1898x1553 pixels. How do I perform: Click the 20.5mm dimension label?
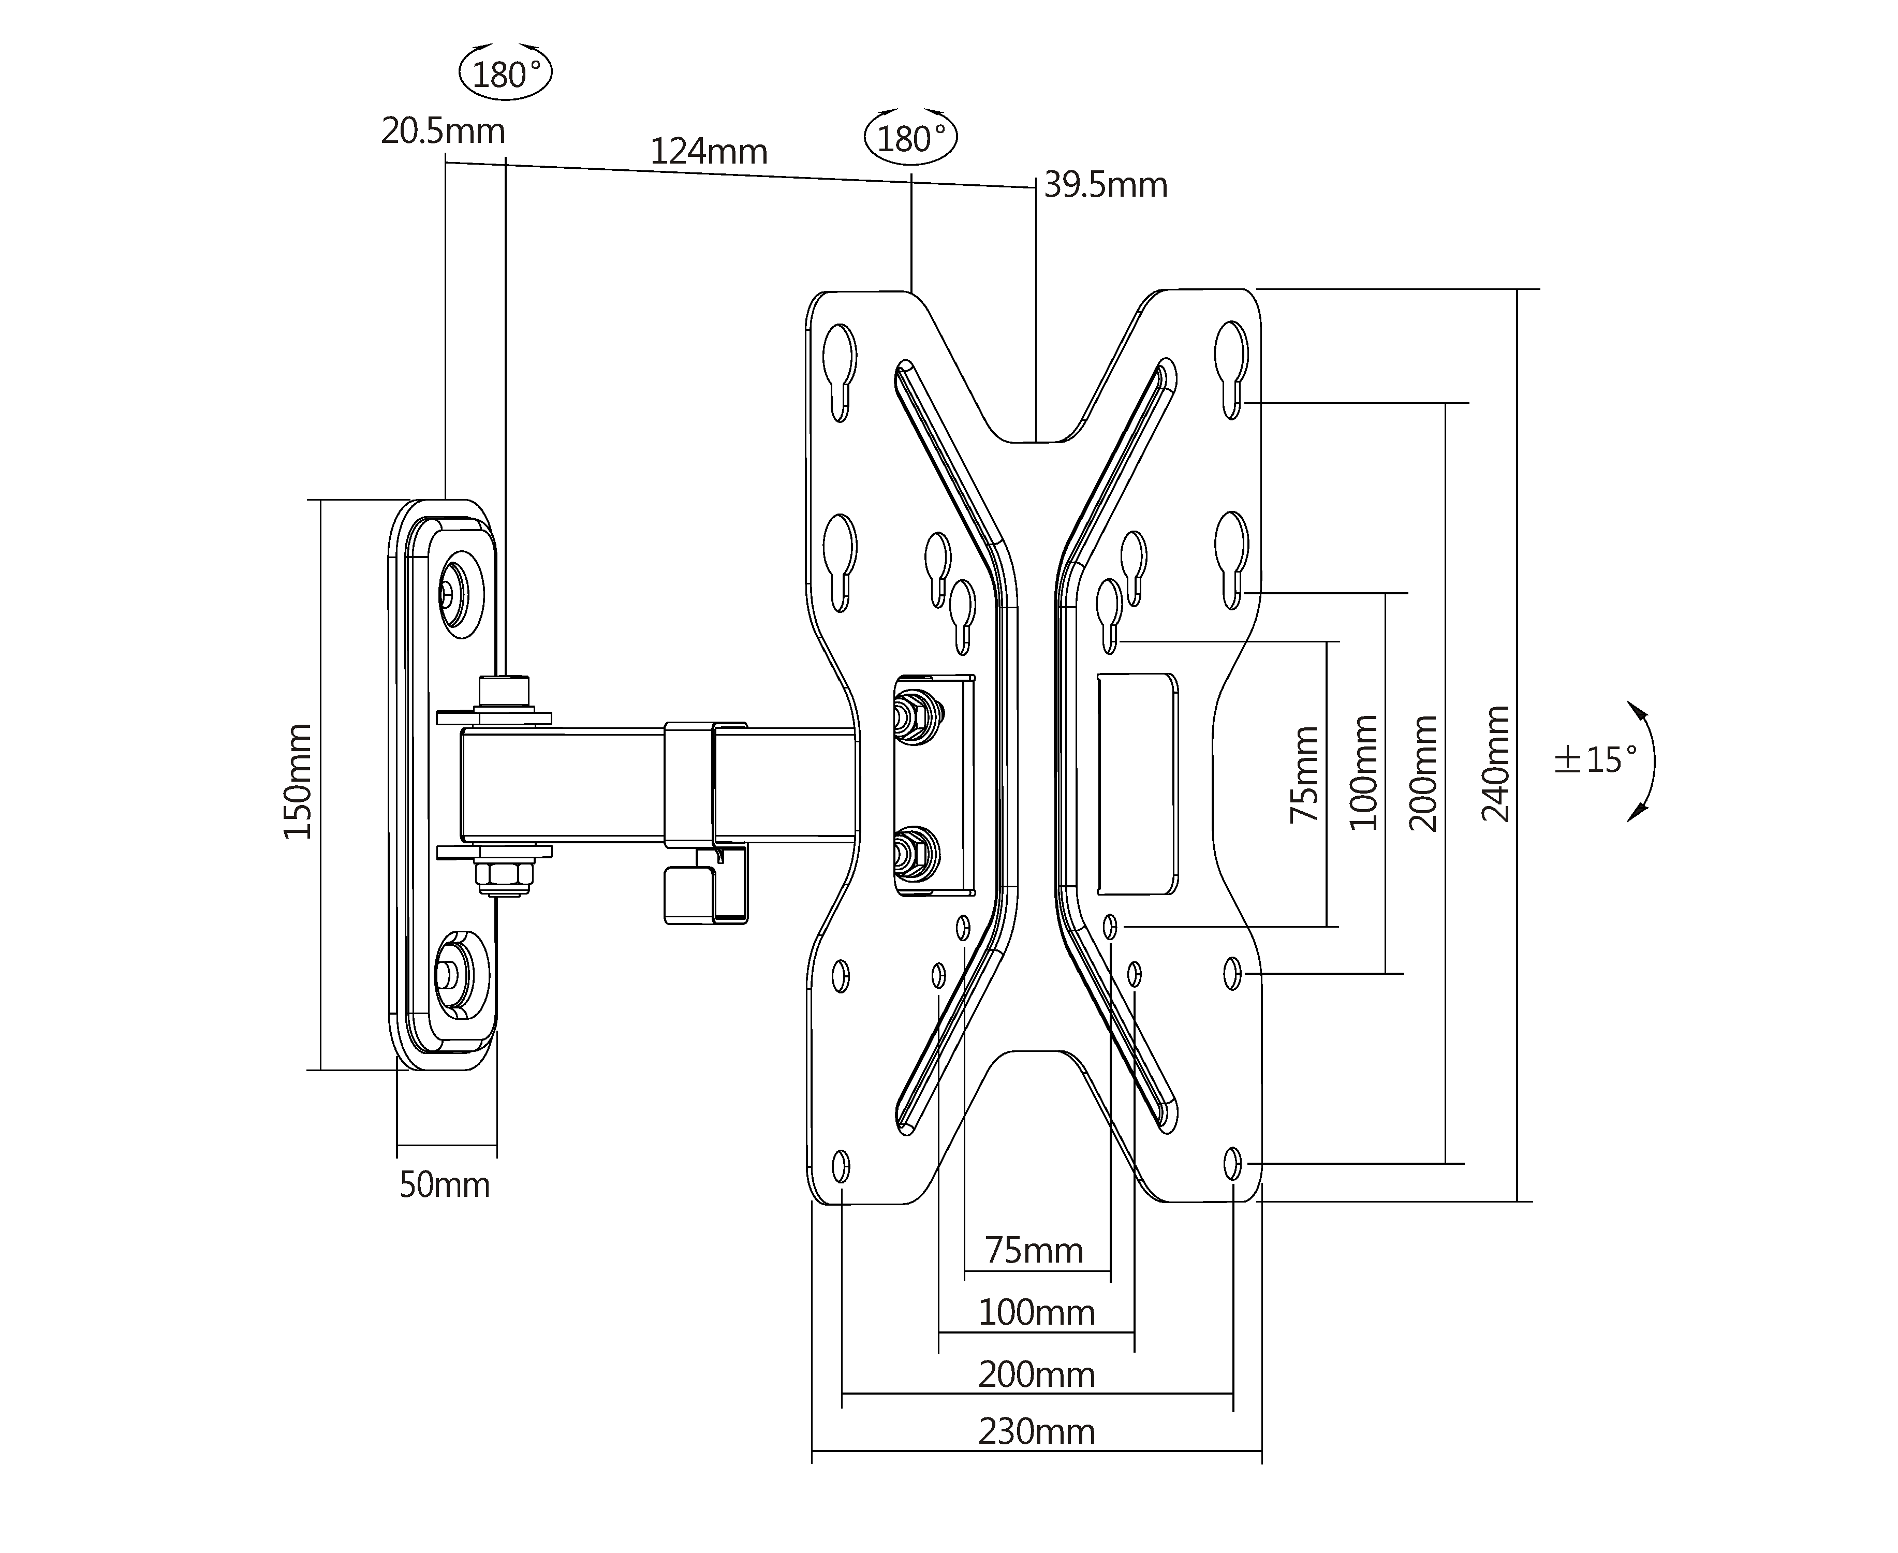point(443,131)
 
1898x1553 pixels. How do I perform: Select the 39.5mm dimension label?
point(1106,185)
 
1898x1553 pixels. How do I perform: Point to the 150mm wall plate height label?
point(298,781)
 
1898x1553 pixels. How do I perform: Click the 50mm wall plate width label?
point(445,1185)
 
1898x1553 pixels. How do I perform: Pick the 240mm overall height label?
point(1495,763)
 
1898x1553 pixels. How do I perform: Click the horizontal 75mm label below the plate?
point(1034,1250)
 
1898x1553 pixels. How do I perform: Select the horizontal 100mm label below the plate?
point(1036,1312)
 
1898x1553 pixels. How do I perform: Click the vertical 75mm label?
point(1305,775)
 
